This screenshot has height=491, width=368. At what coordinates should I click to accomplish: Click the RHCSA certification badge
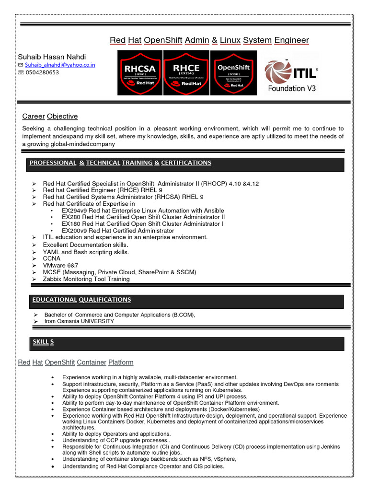(x=139, y=72)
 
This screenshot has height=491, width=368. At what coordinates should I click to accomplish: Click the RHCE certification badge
(x=186, y=72)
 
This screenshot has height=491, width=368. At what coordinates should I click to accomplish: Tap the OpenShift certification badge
(x=233, y=72)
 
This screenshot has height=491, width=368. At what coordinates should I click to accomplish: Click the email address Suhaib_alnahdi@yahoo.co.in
(x=60, y=65)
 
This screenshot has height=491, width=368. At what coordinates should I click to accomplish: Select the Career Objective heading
(x=50, y=117)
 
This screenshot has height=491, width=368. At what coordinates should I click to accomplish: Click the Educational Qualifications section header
(x=81, y=300)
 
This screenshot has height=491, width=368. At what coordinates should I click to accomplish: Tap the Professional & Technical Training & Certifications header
(x=120, y=163)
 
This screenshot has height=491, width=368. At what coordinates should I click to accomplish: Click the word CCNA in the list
(x=52, y=258)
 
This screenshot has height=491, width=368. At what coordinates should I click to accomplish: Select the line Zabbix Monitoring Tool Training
(x=86, y=279)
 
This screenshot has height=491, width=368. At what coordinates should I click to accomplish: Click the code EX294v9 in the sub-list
(x=74, y=210)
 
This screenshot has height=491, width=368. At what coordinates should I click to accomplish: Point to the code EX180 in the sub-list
(x=71, y=224)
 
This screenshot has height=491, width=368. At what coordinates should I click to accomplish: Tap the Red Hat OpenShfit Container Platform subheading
(x=76, y=362)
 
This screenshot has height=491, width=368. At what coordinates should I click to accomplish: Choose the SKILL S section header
(x=43, y=341)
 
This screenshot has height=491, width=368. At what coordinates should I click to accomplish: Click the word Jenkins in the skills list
(x=330, y=446)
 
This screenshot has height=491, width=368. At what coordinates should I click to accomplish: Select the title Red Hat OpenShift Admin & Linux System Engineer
(x=209, y=40)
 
